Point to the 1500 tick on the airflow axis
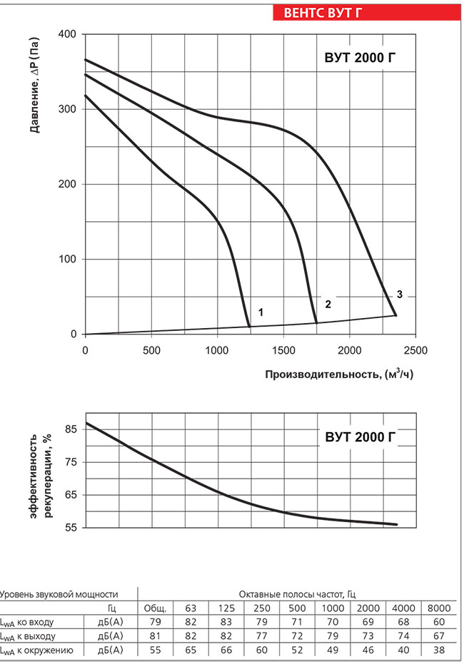(x=283, y=350)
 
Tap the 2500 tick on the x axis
(x=415, y=350)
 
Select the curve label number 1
(x=261, y=312)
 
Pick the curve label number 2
(x=328, y=305)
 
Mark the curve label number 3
(x=400, y=295)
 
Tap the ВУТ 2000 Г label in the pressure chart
(x=355, y=58)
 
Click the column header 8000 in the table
(x=438, y=608)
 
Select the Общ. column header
(x=155, y=608)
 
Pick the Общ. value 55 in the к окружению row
(x=155, y=650)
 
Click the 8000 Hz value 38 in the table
(x=438, y=650)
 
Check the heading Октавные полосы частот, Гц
(x=298, y=593)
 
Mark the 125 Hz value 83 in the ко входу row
(x=226, y=622)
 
